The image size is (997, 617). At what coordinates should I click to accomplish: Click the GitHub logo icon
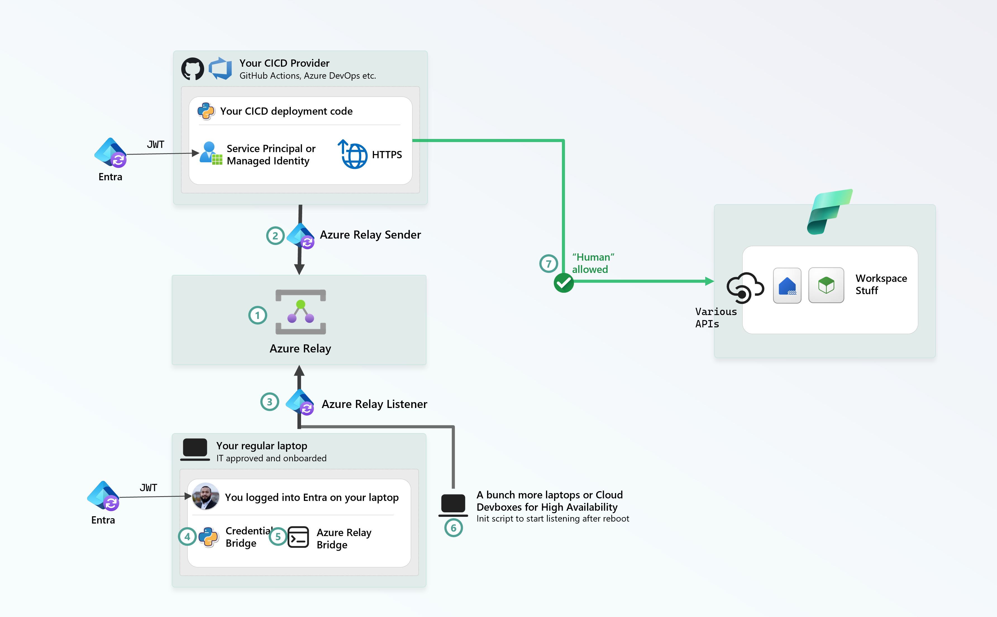point(193,69)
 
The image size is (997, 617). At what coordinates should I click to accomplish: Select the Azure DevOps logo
point(220,69)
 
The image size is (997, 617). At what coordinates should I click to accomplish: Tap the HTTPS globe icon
point(353,154)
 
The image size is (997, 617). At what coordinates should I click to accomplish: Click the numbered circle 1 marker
point(257,315)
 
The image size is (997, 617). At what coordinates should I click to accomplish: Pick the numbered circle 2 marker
point(275,236)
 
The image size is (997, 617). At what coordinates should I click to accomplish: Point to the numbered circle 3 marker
point(269,402)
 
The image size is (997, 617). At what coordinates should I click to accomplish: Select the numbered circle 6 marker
point(453,528)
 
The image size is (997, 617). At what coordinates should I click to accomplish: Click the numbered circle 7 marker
point(548,264)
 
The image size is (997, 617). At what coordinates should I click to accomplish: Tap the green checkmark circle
point(563,283)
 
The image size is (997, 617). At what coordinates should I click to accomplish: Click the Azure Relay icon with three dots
point(301,312)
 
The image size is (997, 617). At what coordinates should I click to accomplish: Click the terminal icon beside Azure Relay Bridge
point(298,537)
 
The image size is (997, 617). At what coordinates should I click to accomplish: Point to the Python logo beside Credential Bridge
point(208,537)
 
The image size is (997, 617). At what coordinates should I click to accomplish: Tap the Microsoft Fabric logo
point(829,212)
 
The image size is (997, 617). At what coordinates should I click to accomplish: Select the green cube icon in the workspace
point(826,285)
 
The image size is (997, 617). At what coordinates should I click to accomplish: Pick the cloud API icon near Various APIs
point(745,288)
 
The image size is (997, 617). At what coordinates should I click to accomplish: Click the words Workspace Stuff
point(881,284)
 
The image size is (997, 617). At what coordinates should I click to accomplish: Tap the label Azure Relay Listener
point(375,404)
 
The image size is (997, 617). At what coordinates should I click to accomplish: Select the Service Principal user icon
point(211,153)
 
